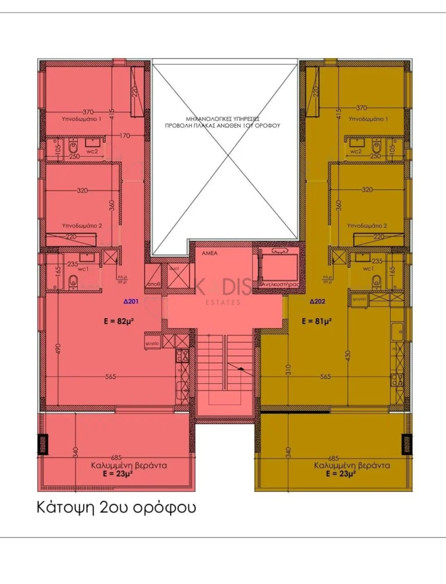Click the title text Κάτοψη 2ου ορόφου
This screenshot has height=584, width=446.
pos(116,507)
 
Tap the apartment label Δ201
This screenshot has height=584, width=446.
pos(131,301)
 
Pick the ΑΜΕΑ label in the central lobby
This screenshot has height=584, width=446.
pos(210,254)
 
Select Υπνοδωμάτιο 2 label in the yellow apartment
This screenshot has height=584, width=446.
pos(367,225)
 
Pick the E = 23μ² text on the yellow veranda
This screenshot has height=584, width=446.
pos(341,474)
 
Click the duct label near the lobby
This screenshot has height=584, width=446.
pos(174,269)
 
